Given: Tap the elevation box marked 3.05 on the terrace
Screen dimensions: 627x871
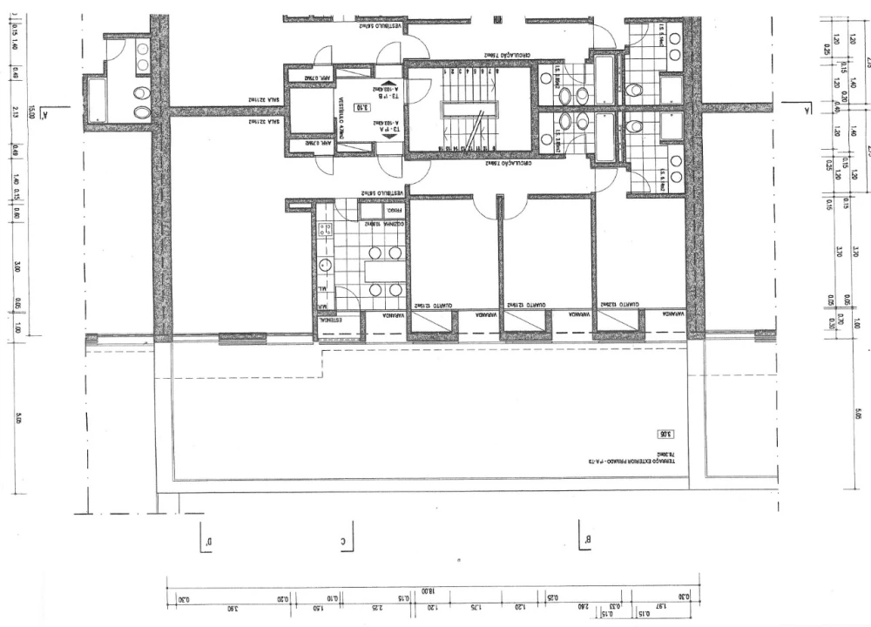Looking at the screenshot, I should tap(665, 433).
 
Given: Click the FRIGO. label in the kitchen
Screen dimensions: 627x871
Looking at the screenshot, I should tap(374, 211).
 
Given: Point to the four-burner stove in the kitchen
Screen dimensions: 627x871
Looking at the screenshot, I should tap(327, 231).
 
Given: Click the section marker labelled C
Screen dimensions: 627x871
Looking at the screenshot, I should tap(346, 542).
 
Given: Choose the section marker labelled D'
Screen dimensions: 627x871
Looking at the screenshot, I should tap(206, 542).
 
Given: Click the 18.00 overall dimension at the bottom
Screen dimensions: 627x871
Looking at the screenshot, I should tap(428, 590).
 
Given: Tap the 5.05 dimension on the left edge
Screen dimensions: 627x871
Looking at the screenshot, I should tap(17, 420).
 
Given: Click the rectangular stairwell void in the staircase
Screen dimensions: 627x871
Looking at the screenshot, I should tap(469, 109).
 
